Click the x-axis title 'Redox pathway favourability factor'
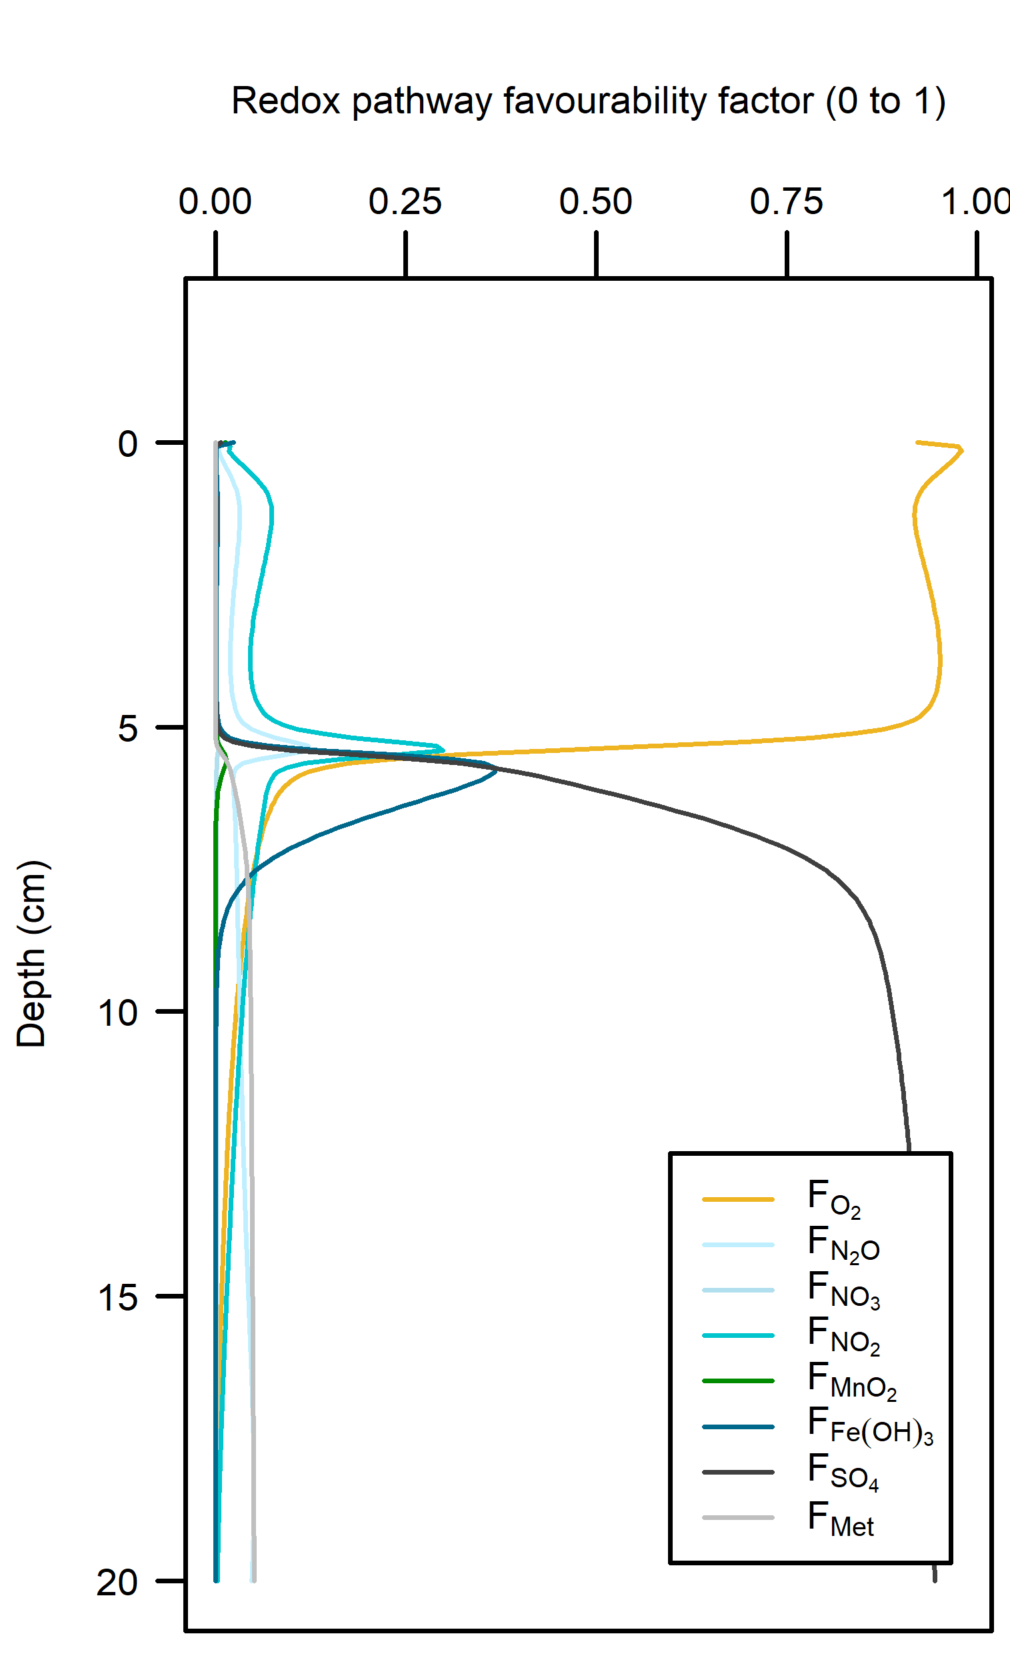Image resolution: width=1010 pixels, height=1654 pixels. [588, 102]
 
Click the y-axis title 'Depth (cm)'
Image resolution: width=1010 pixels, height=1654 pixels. [31, 953]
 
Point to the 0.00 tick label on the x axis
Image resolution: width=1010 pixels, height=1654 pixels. [215, 201]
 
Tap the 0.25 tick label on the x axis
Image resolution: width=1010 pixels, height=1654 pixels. [405, 201]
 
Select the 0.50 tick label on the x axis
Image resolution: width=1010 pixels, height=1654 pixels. [596, 201]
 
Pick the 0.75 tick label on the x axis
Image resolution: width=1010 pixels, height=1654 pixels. [787, 201]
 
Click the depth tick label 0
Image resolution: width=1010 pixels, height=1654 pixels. [128, 444]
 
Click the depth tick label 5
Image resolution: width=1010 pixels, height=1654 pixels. [128, 728]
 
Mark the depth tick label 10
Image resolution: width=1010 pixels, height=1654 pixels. [118, 1013]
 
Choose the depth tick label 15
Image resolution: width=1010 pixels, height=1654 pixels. [118, 1298]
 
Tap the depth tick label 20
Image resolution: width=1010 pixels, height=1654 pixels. [118, 1582]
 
